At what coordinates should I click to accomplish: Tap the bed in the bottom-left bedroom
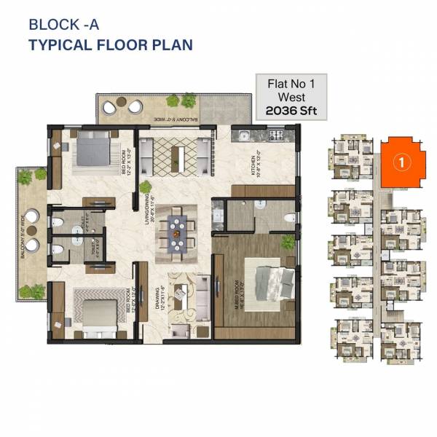pos(95,313)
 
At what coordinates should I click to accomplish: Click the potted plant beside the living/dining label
pos(146,187)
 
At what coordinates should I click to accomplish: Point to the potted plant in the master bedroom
pos(288,242)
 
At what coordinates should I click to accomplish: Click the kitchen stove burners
pos(275,135)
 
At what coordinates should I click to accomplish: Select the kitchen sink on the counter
pos(243,135)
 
